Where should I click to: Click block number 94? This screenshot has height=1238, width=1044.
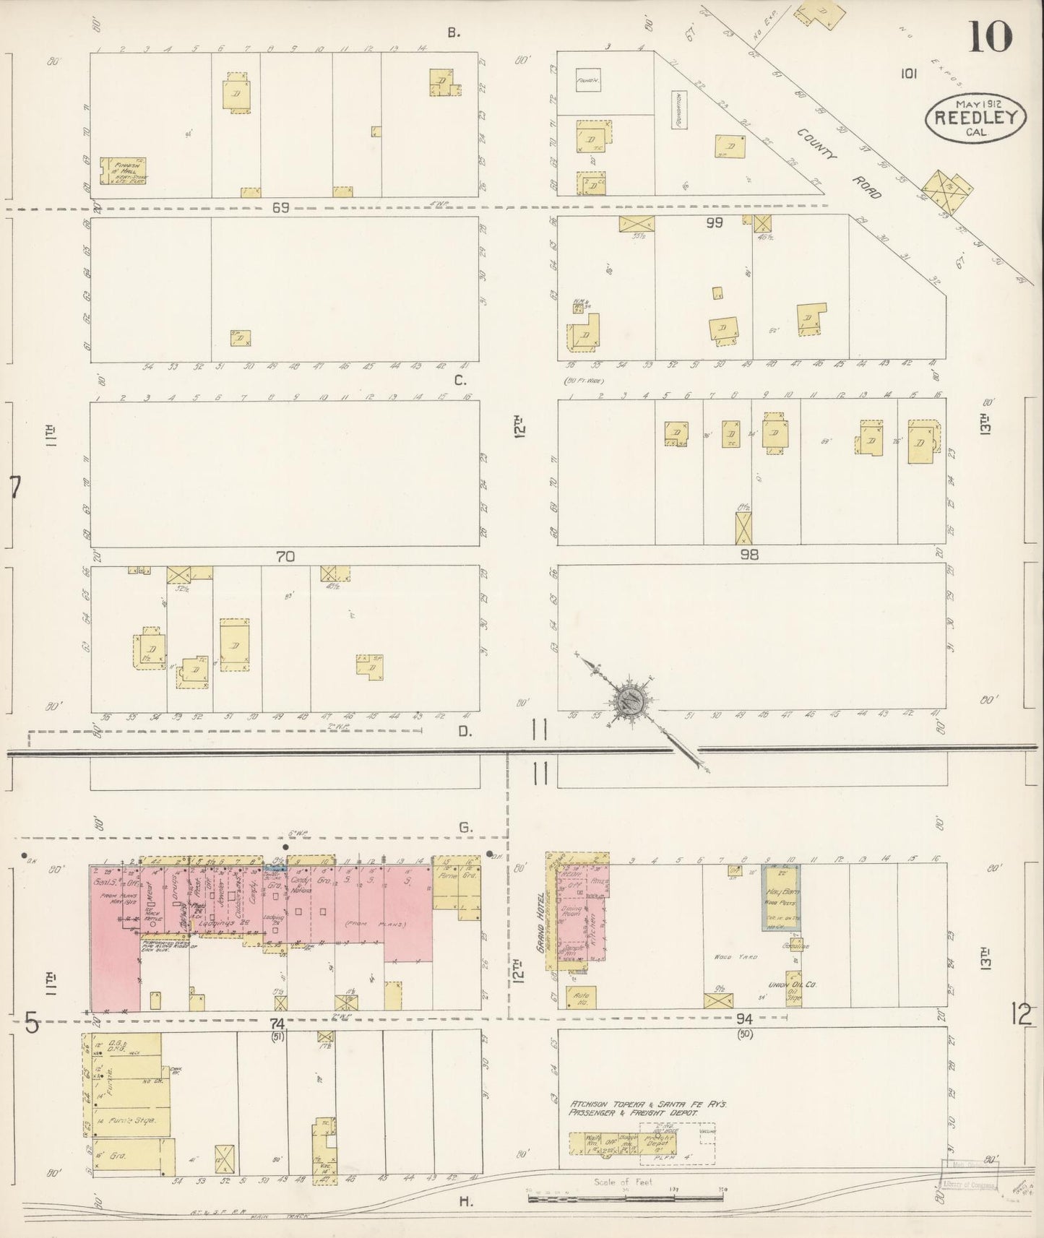745,1019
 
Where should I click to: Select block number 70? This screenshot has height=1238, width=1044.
285,557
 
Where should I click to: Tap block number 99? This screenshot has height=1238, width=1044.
714,223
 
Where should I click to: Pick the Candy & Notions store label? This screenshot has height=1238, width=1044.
298,886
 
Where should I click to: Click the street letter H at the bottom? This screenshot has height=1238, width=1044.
464,1201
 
